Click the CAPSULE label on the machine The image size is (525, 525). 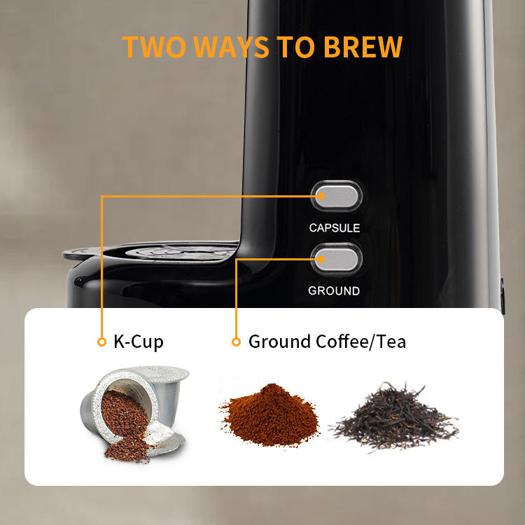(335, 227)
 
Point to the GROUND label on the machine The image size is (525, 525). (334, 290)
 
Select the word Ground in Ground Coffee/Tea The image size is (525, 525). (279, 342)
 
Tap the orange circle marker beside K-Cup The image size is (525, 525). (101, 342)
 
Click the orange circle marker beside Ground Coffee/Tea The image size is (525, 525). (236, 342)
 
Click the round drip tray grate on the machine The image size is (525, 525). (175, 251)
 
